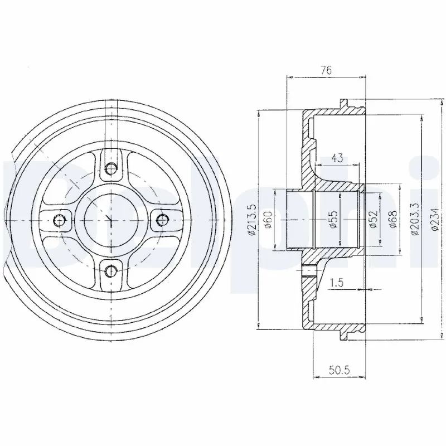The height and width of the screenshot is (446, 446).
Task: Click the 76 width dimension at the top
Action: pos(327,70)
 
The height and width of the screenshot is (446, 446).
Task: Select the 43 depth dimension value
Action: pos(336,158)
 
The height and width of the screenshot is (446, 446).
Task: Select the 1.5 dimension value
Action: pos(336,283)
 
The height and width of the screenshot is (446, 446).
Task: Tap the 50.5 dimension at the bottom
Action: pos(340,370)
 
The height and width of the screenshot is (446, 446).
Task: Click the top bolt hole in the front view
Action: pos(111,168)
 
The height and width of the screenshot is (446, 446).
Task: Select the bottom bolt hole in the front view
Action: pos(111,272)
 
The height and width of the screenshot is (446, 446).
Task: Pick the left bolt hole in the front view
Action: pos(60,220)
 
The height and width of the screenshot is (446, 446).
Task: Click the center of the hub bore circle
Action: pos(111,220)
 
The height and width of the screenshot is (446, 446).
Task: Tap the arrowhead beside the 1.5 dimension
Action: pos(367,290)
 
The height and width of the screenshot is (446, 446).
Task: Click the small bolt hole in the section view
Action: pos(308,273)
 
